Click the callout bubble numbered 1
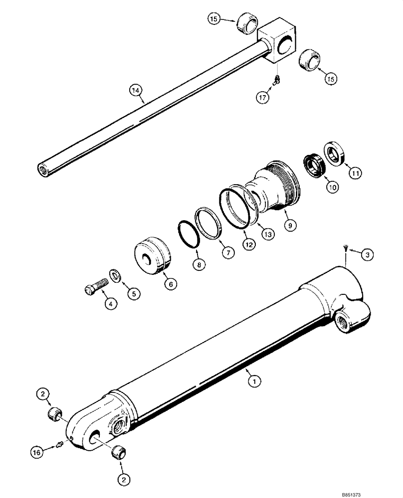(x=254, y=382)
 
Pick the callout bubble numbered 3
(x=367, y=255)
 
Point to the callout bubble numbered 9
(x=291, y=226)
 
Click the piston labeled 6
(x=152, y=255)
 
